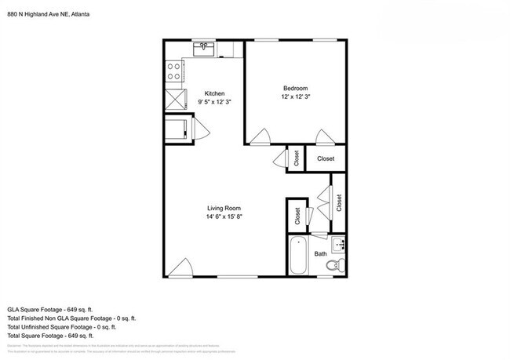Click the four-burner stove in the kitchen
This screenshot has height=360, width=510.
click(174, 72)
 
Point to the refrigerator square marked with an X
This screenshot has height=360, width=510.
click(174, 99)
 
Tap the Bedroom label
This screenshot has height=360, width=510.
click(295, 87)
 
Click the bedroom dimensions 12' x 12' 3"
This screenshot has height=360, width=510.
click(295, 96)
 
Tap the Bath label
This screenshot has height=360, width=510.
click(321, 254)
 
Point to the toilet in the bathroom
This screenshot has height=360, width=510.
click(333, 269)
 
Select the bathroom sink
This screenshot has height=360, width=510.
click(338, 245)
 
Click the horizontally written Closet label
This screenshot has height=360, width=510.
click(326, 158)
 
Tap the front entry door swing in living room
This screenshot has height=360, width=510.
click(180, 268)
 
